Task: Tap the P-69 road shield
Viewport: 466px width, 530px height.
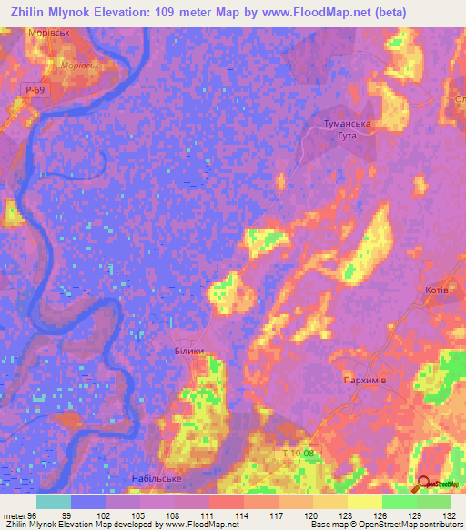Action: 35,90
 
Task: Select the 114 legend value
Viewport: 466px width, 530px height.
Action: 242,515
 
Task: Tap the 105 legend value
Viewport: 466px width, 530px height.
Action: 139,515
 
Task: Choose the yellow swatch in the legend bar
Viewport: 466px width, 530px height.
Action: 364,502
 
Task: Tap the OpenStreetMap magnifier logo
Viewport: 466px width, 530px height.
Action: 424,485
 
